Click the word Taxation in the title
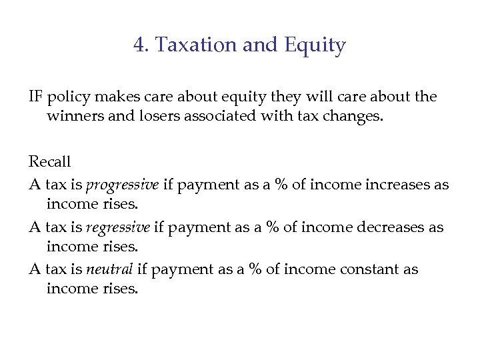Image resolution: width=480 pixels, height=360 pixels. (x=189, y=45)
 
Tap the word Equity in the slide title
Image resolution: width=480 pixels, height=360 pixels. (x=315, y=46)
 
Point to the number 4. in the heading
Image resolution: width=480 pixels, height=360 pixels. (x=141, y=45)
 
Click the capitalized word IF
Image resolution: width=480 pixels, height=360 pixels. (x=35, y=97)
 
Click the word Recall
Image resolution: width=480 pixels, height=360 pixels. (x=49, y=161)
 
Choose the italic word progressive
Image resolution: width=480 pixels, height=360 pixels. (x=123, y=184)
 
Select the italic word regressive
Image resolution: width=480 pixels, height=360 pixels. (x=119, y=227)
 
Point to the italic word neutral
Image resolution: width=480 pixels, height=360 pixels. (x=110, y=270)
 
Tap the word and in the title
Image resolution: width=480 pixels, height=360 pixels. (x=258, y=45)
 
